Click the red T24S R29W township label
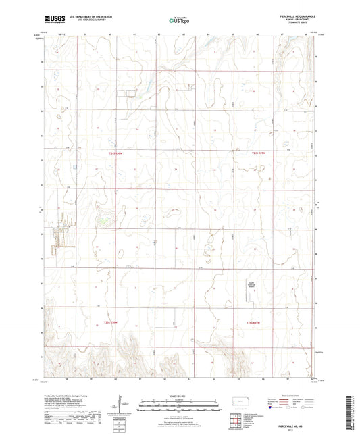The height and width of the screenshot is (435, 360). click(251, 154)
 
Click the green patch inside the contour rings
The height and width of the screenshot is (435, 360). click(102, 218)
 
